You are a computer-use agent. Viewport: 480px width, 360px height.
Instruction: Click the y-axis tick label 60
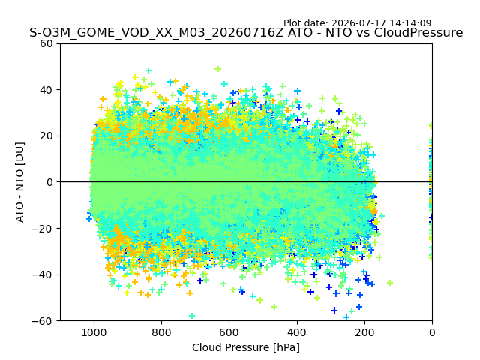pos(46,43)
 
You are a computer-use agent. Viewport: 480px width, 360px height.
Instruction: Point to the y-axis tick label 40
pos(46,90)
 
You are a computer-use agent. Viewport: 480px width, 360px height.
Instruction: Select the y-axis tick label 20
pos(46,136)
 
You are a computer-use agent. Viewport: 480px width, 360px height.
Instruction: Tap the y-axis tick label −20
pos(42,228)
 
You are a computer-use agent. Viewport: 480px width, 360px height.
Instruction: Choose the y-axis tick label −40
pos(42,274)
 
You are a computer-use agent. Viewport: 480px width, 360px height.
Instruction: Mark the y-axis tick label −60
pos(42,321)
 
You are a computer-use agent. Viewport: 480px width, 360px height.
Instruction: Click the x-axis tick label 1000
pos(94,332)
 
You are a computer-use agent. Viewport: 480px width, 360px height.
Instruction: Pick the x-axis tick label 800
pos(162,332)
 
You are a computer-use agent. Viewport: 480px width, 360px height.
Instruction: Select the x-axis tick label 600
pos(229,332)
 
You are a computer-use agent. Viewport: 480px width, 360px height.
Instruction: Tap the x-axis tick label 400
pos(297,332)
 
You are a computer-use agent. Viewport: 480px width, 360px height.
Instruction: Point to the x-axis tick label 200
pos(364,332)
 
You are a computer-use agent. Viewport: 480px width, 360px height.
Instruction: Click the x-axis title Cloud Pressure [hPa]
pos(246,348)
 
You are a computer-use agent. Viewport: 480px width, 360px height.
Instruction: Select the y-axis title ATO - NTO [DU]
pos(19,182)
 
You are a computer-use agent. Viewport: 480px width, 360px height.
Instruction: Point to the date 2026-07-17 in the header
pos(359,23)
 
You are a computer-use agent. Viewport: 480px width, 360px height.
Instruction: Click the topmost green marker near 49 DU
pos(218,69)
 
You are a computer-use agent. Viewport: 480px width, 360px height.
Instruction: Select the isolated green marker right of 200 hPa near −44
pos(390,283)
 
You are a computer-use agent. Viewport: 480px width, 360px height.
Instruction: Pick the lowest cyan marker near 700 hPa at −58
pos(192,316)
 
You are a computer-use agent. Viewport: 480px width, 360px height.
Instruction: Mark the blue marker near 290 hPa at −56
pos(334,310)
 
